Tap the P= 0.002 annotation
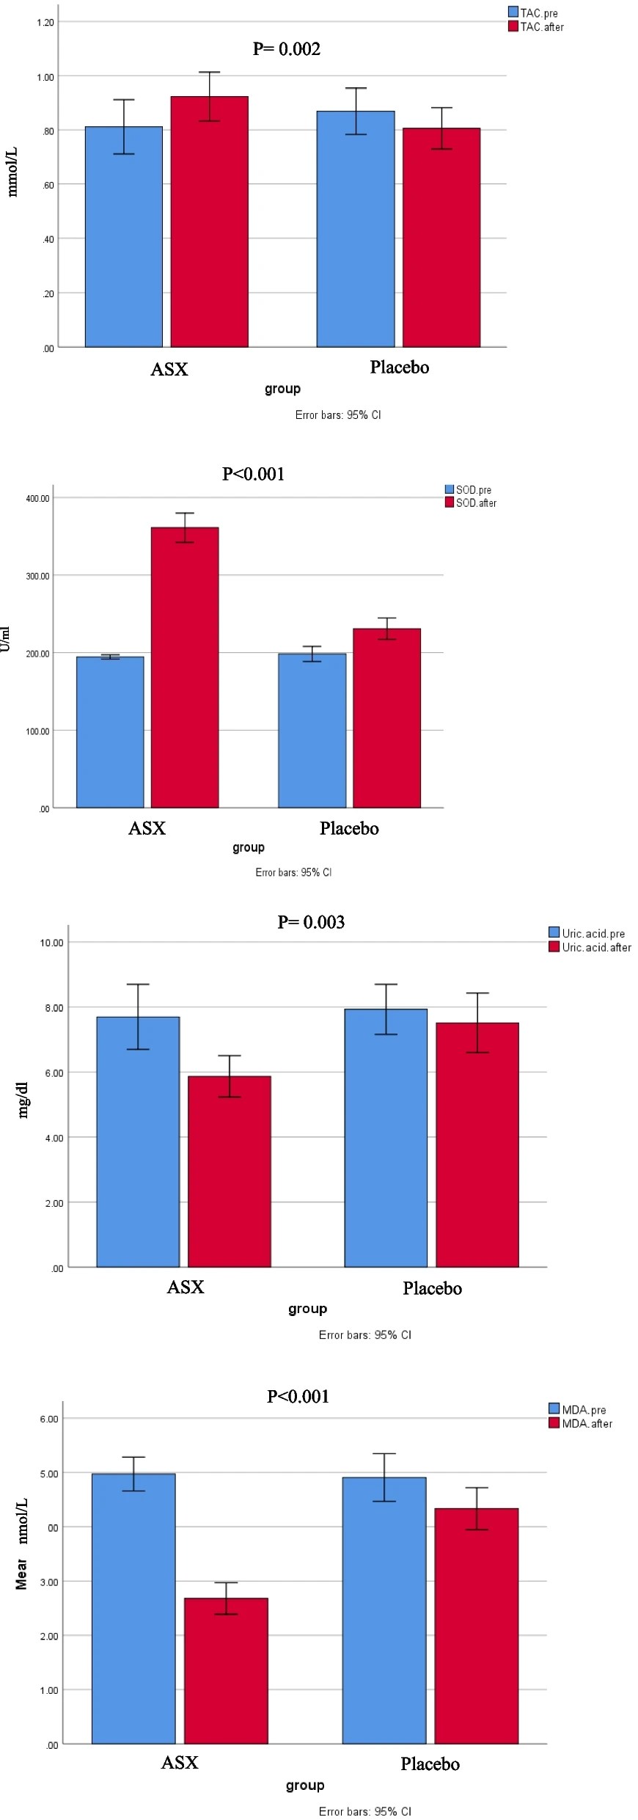click(x=287, y=49)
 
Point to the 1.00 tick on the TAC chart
click(x=45, y=77)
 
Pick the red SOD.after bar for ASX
click(x=185, y=668)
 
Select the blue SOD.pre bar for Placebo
click(x=312, y=731)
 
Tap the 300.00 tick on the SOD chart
click(x=38, y=577)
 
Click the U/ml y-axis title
click(x=6, y=639)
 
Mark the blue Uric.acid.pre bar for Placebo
click(x=386, y=1138)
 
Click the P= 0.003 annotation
click(x=311, y=922)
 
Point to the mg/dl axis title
click(x=23, y=1100)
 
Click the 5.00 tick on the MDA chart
click(x=49, y=1474)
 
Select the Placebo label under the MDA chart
click(x=430, y=1764)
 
